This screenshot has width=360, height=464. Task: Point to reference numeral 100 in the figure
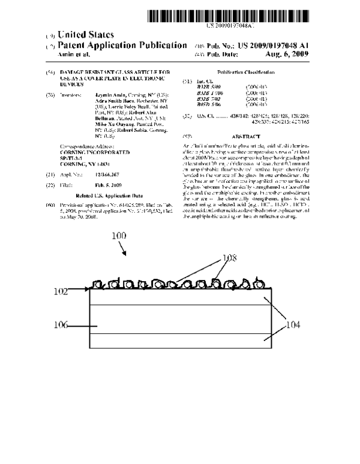coord(121,237)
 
